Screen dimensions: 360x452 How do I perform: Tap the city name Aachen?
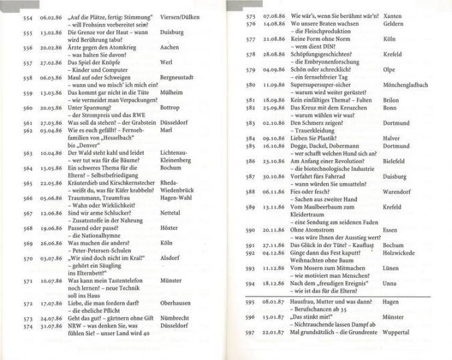[x=171, y=48]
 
